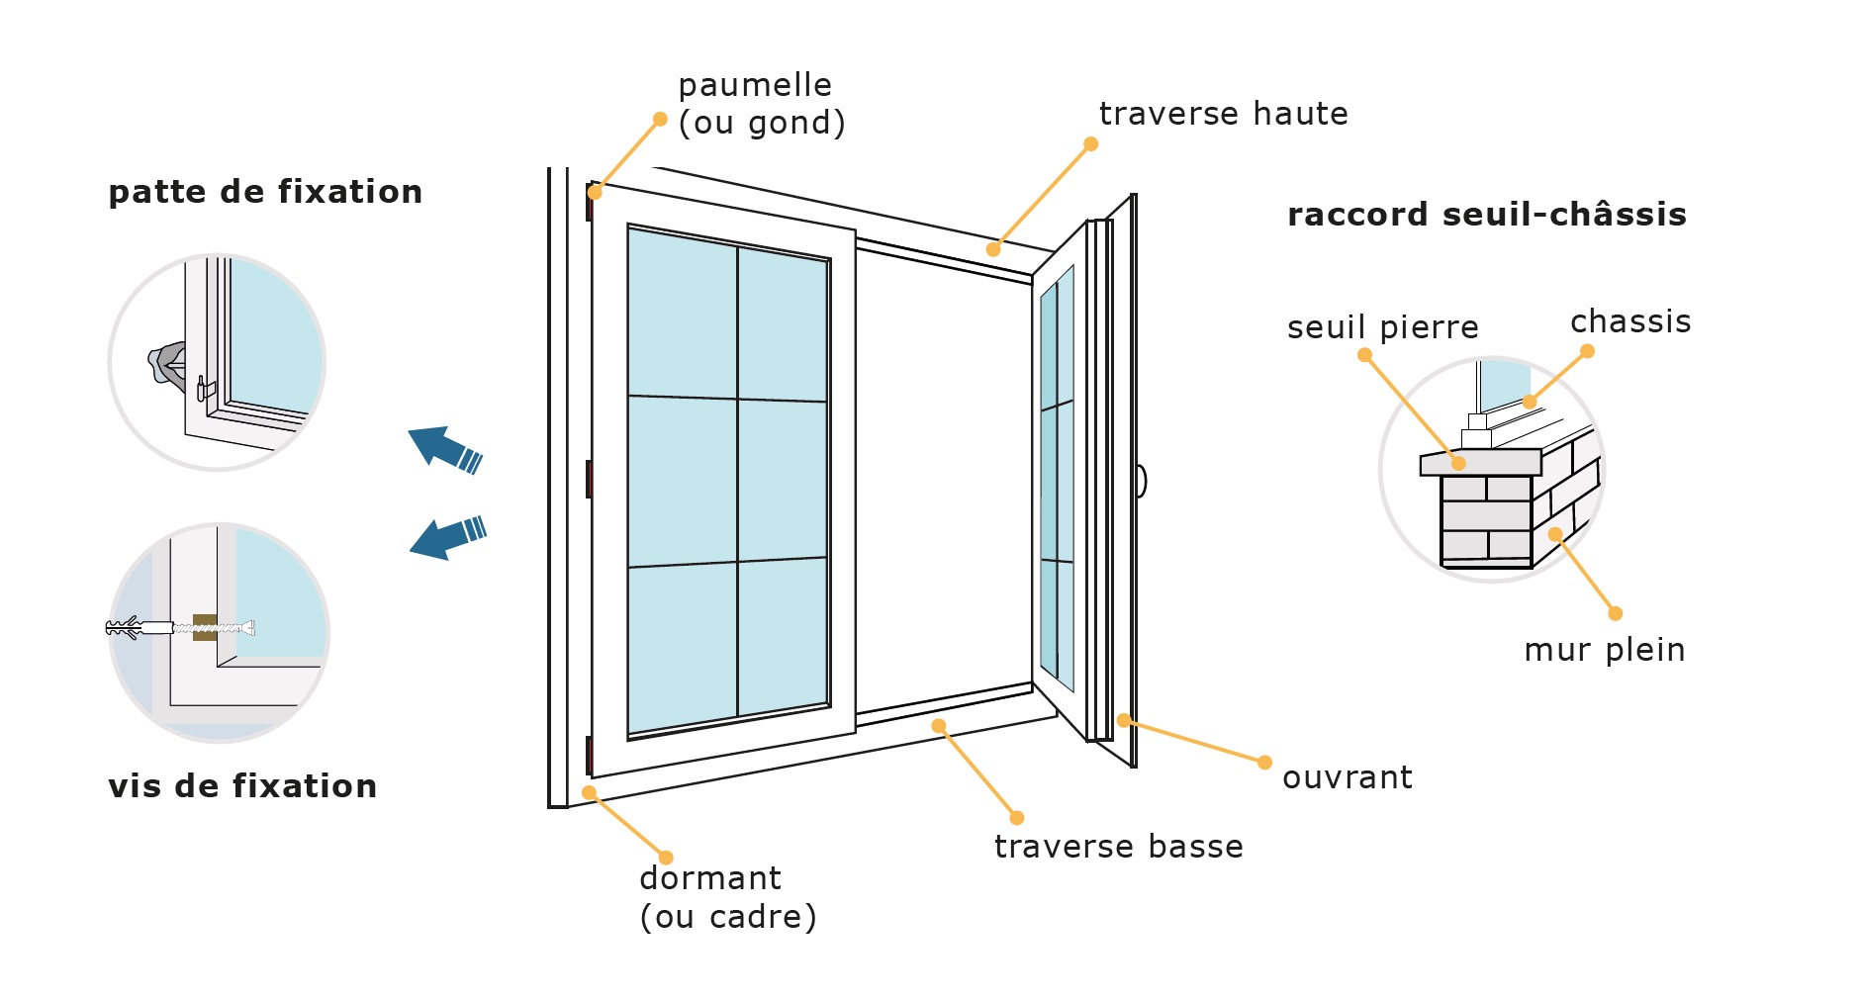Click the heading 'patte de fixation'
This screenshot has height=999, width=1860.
tap(265, 192)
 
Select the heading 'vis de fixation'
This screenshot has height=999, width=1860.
tap(242, 786)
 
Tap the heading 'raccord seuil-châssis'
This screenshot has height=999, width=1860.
tap(1486, 215)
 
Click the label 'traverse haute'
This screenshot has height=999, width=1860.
tap(1223, 115)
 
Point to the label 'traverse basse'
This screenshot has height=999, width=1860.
tap(1118, 847)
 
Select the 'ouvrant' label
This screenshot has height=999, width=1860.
tap(1347, 778)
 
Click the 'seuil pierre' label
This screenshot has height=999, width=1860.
tap(1382, 327)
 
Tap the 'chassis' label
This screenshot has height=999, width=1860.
tap(1630, 322)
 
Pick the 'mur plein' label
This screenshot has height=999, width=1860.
tap(1604, 650)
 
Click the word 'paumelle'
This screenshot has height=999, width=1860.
tap(755, 86)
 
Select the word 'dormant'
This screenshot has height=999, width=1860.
tap(710, 878)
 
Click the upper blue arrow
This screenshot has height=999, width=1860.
tap(444, 449)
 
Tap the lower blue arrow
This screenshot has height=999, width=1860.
tap(447, 537)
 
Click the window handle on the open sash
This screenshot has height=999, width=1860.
tap(1141, 482)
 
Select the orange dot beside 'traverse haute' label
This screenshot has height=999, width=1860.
tap(1090, 144)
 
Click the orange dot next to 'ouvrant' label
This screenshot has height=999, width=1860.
tap(1264, 763)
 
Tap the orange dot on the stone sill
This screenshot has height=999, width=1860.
tap(1457, 463)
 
